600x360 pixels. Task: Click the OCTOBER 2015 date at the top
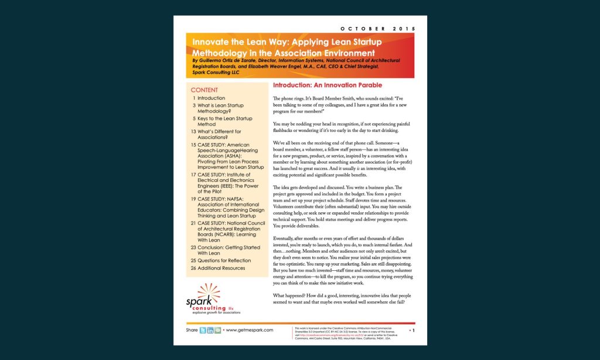pyautogui.click(x=377, y=28)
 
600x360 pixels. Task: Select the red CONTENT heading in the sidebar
pyautogui.click(x=204, y=90)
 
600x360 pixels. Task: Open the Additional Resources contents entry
pyautogui.click(x=226, y=267)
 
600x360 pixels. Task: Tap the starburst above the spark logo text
pyautogui.click(x=209, y=291)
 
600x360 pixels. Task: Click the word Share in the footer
pyautogui.click(x=192, y=330)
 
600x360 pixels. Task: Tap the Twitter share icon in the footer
pyautogui.click(x=203, y=330)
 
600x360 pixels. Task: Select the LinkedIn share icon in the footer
pyautogui.click(x=210, y=330)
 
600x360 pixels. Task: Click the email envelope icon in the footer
pyautogui.click(x=218, y=330)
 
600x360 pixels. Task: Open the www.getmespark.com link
pyautogui.click(x=249, y=330)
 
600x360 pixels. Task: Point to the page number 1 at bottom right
pyautogui.click(x=414, y=331)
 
